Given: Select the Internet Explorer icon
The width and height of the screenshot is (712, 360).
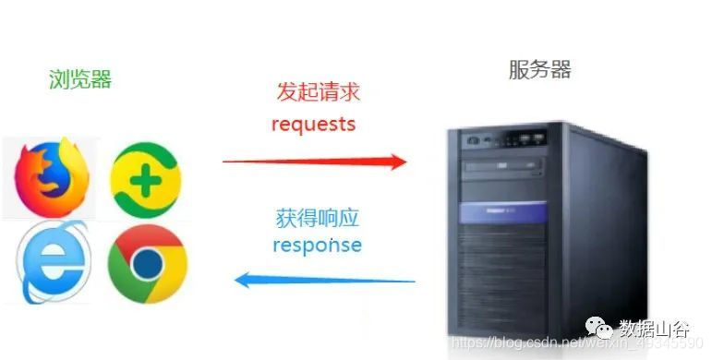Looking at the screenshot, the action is point(54,262).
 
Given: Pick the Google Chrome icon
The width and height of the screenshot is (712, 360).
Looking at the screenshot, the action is point(147,265).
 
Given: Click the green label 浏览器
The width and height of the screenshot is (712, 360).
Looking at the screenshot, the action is point(80,80).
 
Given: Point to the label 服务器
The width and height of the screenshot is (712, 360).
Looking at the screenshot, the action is point(539,69).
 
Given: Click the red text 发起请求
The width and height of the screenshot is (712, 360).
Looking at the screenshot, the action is point(318,92).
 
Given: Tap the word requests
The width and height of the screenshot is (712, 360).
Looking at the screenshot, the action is point(314,124).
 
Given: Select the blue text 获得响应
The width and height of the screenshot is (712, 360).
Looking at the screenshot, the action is point(317,220).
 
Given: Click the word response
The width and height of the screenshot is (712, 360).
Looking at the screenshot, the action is point(317,246).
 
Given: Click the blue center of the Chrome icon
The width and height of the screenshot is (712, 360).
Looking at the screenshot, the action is point(147,266).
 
